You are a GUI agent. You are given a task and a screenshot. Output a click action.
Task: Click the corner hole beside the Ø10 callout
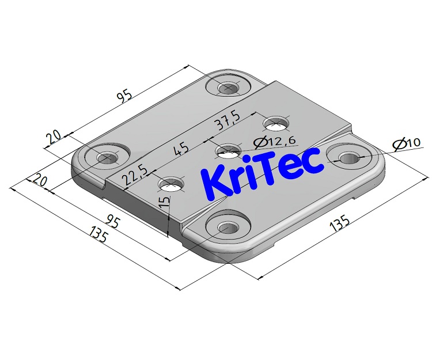point(348,158)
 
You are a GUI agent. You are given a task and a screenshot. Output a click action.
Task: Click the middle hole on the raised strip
point(228,152)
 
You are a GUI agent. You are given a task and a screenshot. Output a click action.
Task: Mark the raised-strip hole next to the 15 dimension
point(171,185)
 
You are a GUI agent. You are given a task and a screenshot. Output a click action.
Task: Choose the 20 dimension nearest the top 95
point(54,137)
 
